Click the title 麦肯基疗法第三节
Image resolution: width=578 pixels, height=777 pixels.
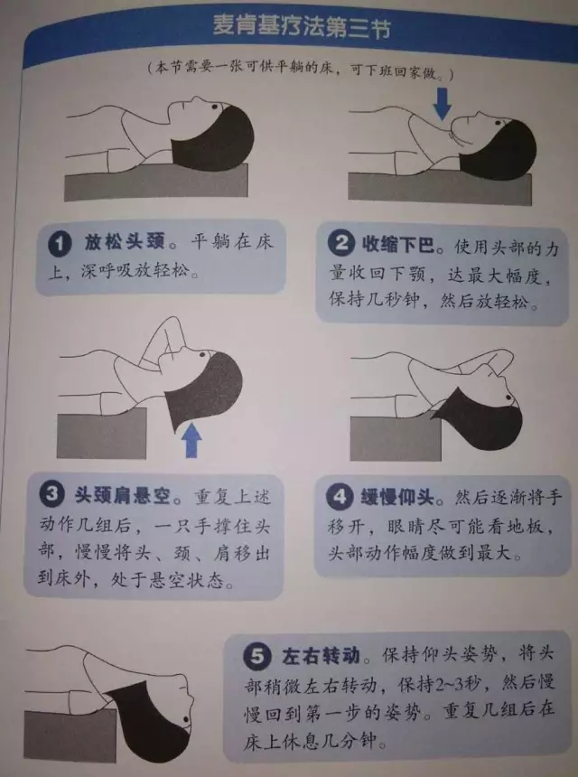coord(303,27)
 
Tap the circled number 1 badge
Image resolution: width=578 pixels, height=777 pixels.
coord(60,244)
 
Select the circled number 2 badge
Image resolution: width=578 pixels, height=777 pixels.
coord(341,243)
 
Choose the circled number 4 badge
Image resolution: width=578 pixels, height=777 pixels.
coord(340,497)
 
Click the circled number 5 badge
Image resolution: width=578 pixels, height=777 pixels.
coord(257,656)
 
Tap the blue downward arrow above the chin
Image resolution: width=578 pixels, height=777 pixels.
coord(442,104)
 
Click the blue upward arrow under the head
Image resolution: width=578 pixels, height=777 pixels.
coord(191,440)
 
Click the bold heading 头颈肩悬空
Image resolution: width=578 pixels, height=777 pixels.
coord(122,495)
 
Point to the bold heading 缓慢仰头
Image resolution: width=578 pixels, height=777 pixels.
coord(397,497)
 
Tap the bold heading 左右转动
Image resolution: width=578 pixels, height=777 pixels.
coord(321,656)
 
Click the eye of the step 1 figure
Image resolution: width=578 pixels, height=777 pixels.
coord(214,106)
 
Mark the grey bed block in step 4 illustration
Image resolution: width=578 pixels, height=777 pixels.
coord(396,438)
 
